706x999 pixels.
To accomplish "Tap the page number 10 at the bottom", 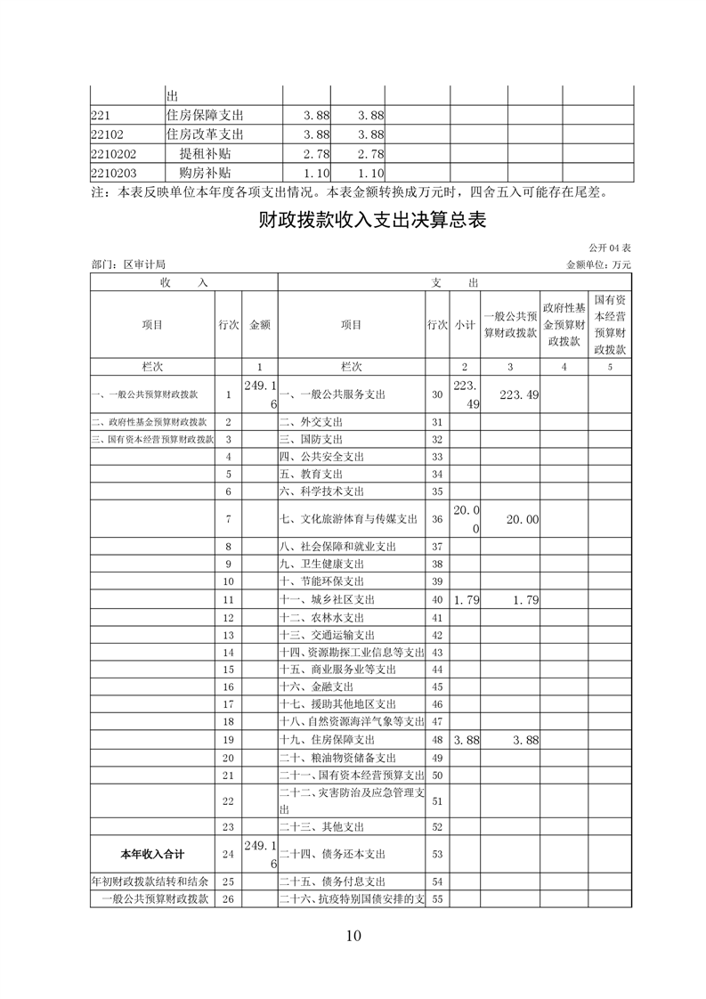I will [x=353, y=935].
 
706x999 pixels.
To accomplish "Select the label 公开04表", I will [x=609, y=247].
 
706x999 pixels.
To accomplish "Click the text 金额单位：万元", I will [x=598, y=264].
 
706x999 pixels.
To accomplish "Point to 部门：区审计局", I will [x=128, y=264].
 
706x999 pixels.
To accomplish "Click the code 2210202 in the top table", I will [x=113, y=154].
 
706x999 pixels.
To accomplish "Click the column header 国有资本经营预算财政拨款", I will [x=611, y=325].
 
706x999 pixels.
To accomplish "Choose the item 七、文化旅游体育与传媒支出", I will [x=348, y=519].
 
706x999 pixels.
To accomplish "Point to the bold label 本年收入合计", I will [x=152, y=854].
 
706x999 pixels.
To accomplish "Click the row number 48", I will [x=436, y=740].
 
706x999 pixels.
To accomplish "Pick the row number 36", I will [x=436, y=519].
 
